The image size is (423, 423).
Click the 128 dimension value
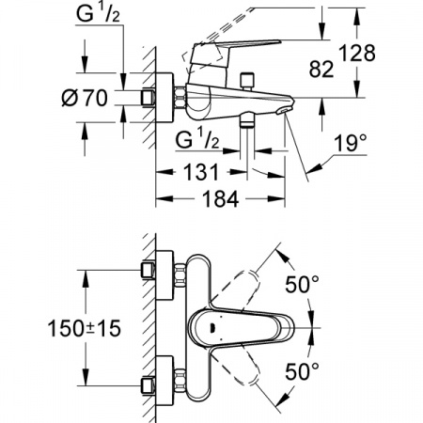tap(357, 53)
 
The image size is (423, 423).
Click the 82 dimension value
tap(321, 70)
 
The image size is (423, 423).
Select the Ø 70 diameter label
tap(85, 98)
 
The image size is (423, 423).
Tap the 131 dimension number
tap(201, 172)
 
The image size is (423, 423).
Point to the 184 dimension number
tap(221, 198)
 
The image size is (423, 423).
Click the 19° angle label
tap(350, 144)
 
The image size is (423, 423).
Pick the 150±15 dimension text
tap(85, 329)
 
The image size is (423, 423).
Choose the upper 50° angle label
tap(302, 284)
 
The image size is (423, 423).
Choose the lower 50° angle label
tap(302, 371)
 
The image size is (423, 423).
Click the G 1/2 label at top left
tap(98, 14)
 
